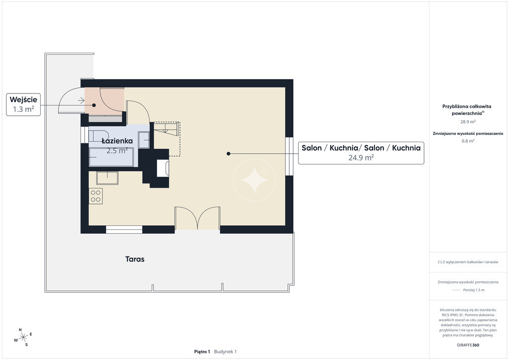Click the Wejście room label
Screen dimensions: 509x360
coord(23,99)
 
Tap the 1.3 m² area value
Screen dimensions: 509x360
coord(23,109)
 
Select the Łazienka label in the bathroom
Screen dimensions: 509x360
coord(117,141)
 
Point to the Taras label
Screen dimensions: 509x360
coord(135,259)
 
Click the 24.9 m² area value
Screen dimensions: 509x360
coord(361,158)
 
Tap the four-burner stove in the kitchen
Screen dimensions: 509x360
coord(96,196)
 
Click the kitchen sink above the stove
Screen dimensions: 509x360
coord(107,178)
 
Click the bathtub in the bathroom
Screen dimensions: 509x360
coord(111,157)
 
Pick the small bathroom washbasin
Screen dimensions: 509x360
coord(144,140)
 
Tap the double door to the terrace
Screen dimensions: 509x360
coord(197,218)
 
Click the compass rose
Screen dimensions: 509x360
coord(23,338)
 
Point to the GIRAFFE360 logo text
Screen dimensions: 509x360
coord(468,345)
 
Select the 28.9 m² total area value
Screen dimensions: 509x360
coord(468,122)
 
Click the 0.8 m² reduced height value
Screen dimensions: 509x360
coord(468,141)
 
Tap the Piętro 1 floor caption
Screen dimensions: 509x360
coord(202,352)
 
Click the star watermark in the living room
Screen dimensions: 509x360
coord(254,180)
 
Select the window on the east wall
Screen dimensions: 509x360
coord(289,156)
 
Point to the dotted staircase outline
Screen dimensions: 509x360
coord(167,139)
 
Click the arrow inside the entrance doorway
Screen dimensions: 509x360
coord(81,100)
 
